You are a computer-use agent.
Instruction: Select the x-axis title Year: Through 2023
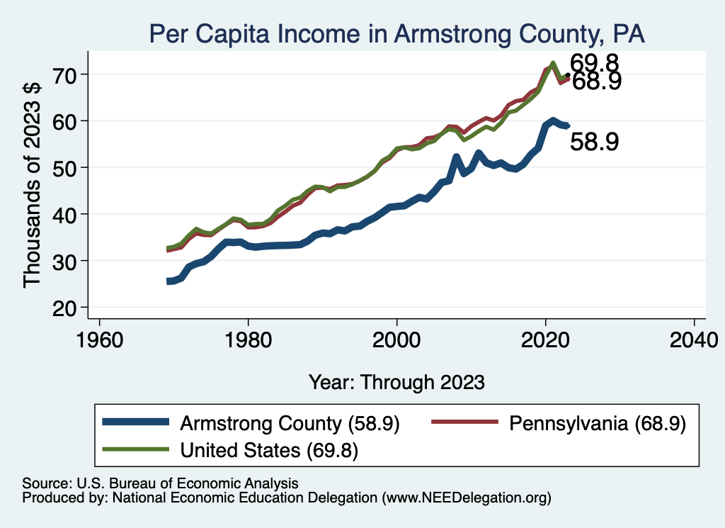396,382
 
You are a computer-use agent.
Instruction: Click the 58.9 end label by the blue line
595,142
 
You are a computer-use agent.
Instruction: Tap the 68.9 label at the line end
597,82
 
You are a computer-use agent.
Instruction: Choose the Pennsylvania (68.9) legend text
596,424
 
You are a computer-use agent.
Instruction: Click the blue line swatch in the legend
136,423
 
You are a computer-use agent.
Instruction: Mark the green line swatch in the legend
136,449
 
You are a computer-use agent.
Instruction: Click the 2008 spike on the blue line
457,157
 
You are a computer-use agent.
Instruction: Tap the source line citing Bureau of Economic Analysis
160,483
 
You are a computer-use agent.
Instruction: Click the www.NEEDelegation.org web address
466,498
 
